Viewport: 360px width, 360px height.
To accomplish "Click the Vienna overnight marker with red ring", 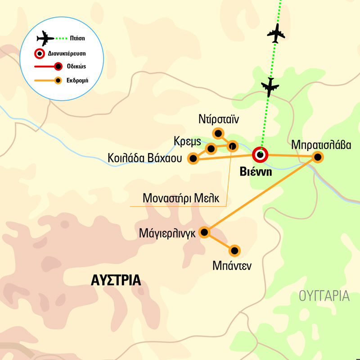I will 260,155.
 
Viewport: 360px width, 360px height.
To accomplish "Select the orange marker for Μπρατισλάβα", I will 318,157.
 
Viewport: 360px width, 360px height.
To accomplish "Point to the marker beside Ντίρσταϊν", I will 218,133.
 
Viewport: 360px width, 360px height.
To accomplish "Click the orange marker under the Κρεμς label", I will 211,148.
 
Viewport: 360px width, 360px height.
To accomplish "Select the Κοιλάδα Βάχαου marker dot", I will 193,158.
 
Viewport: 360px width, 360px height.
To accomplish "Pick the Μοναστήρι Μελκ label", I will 181,198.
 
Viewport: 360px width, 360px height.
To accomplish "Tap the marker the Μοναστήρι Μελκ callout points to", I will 232,145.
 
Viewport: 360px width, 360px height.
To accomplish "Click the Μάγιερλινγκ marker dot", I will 204,232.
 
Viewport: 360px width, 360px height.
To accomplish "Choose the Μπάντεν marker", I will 234,250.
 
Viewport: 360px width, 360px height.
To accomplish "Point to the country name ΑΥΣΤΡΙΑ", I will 116,280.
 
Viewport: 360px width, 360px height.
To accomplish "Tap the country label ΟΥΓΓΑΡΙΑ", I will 324,296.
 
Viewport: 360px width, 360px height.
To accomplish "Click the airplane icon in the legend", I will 45,38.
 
